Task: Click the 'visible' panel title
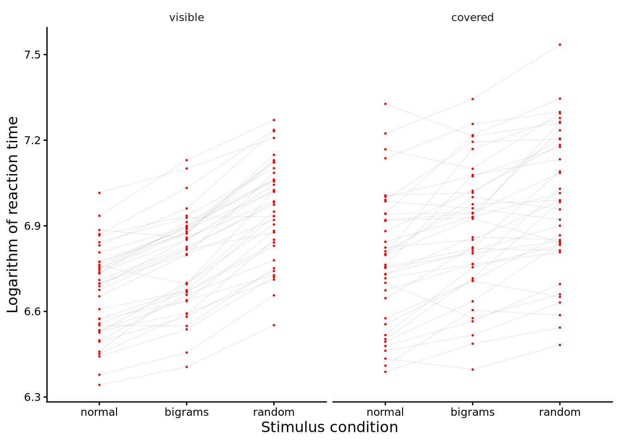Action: (187, 17)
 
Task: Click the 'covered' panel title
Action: (472, 17)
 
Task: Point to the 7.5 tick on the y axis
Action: (33, 55)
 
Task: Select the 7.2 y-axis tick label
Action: (33, 140)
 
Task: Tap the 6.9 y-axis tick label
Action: (33, 226)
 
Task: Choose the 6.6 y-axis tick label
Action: (33, 312)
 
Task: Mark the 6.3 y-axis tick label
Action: (33, 397)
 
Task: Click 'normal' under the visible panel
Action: (99, 412)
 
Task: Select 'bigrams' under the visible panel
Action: (187, 412)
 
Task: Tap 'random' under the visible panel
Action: (274, 412)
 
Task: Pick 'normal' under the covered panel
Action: (385, 412)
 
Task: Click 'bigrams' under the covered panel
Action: (473, 412)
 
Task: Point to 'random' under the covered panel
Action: (560, 412)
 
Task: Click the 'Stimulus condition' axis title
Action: (329, 427)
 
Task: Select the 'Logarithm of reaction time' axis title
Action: (13, 215)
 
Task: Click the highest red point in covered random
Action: (560, 45)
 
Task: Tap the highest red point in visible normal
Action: (99, 192)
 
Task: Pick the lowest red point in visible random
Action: (274, 325)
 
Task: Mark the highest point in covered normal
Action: (385, 104)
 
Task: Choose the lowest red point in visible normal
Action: (99, 385)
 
